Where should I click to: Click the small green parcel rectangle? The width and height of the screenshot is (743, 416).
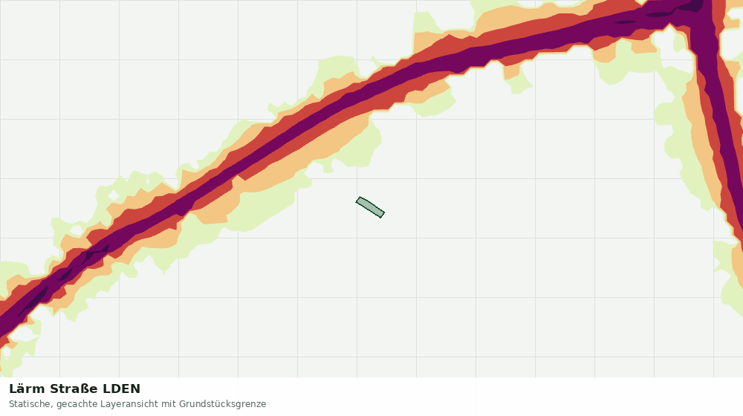click(370, 207)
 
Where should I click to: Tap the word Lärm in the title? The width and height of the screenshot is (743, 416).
click(27, 389)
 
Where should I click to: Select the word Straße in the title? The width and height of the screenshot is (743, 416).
click(74, 389)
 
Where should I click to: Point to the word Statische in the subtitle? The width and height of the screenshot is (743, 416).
click(30, 404)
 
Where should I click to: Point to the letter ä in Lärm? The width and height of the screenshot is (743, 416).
click(20, 389)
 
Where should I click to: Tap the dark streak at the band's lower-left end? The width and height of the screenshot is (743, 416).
click(34, 301)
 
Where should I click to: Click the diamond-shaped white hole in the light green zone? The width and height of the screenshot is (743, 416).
click(113, 195)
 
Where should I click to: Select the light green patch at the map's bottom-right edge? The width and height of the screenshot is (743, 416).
click(730, 279)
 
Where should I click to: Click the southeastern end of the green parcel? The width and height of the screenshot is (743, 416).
click(382, 215)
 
